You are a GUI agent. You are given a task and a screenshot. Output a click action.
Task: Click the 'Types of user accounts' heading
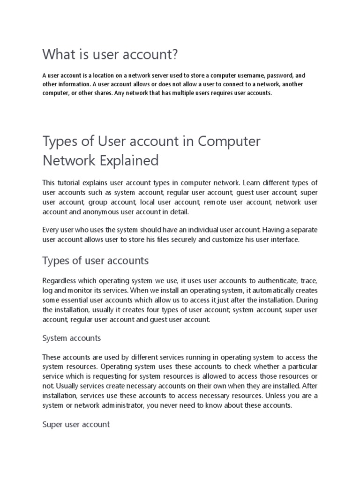[x=95, y=261]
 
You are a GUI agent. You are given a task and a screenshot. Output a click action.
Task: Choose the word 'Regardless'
[x=60, y=281]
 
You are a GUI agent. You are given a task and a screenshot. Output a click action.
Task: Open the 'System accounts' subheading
[x=71, y=338]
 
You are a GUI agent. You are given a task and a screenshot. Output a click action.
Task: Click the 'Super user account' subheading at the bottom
[x=76, y=425]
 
